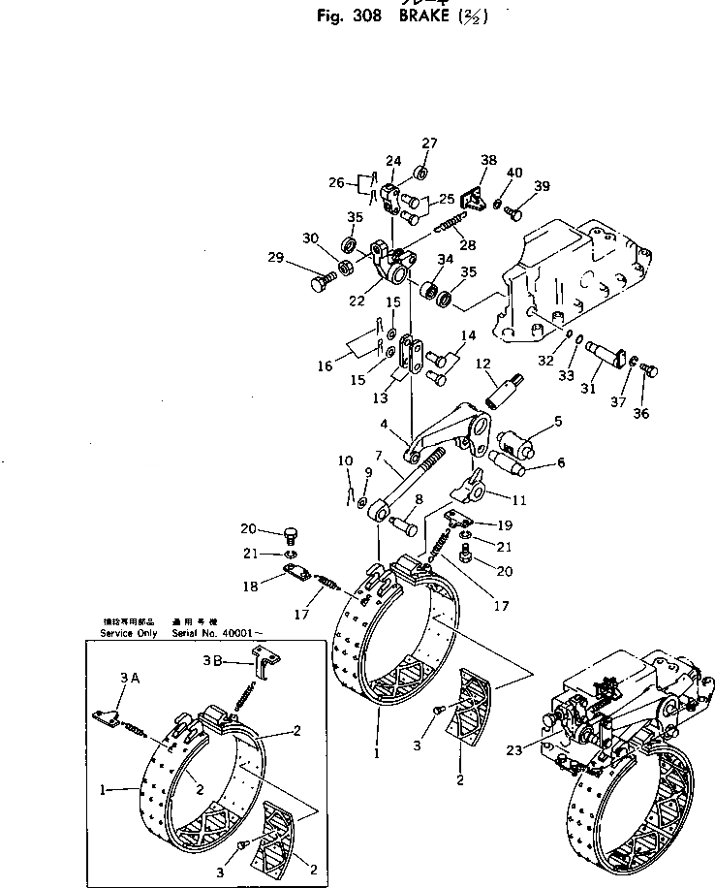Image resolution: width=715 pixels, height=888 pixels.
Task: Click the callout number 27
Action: tap(429, 144)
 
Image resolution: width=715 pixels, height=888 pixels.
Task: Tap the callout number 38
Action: tap(488, 161)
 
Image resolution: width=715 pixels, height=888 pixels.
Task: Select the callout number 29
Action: tap(276, 258)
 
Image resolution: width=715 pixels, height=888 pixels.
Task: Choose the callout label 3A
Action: tap(131, 678)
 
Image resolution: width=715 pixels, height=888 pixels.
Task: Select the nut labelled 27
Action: tap(422, 173)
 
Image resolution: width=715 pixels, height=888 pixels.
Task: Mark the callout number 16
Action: tap(326, 365)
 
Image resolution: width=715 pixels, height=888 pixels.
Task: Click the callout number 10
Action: tap(344, 460)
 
